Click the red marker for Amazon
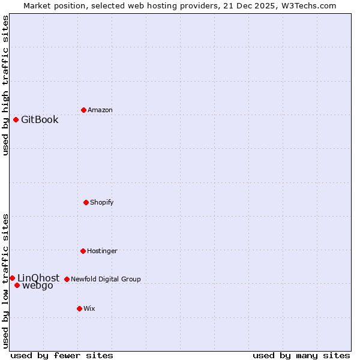tap(83, 110)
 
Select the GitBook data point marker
tap(16, 119)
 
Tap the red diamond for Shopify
tap(86, 202)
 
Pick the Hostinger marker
tap(83, 251)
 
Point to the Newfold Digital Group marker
tap(67, 279)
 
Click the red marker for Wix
tap(79, 308)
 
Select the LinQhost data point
tap(12, 278)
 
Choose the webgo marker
tap(17, 285)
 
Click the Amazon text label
tap(100, 110)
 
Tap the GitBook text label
tap(40, 119)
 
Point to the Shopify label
tap(102, 202)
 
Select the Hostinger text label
tap(102, 251)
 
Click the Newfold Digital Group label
tap(106, 279)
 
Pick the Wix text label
tap(89, 308)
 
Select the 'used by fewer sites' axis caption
tap(62, 355)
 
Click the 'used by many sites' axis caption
tap(301, 355)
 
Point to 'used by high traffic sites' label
tap(5, 85)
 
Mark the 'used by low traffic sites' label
tap(5, 280)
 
